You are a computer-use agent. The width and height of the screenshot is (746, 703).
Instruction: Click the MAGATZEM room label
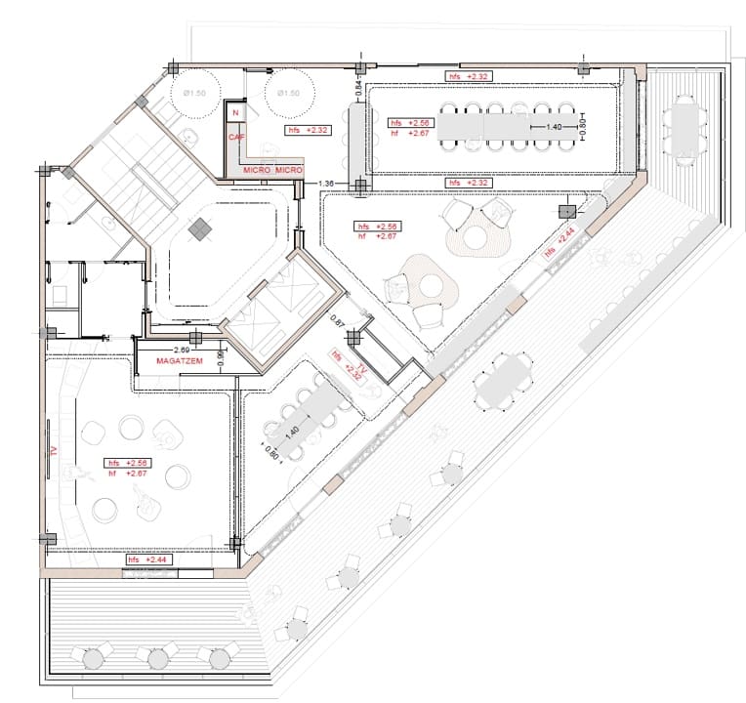pos(178,362)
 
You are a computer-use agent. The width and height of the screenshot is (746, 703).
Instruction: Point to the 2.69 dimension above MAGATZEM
pos(182,349)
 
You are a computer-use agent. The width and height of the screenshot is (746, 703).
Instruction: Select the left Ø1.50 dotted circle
pos(196,94)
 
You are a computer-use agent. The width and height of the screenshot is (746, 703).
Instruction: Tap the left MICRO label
pos(256,171)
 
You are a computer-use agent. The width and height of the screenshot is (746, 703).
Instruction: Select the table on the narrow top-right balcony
pos(684,124)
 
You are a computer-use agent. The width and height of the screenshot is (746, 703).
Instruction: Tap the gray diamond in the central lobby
pos(199,229)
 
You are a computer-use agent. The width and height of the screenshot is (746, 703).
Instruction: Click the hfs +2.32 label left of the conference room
pos(307,129)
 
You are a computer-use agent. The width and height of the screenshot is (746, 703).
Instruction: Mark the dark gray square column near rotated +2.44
pos(565,211)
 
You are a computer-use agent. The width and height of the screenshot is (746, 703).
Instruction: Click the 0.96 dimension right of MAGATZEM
pos(221,360)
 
